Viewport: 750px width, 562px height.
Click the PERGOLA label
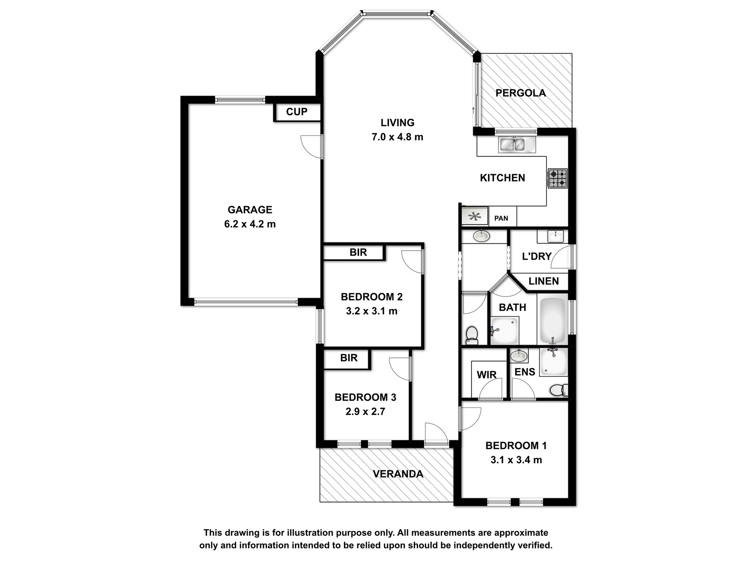520,93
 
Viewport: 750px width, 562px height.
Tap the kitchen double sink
517,144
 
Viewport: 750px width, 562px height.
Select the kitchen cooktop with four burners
558,178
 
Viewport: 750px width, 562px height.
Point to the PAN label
501,218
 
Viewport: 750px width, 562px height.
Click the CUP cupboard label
297,111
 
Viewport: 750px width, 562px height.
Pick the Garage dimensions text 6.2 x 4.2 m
250,224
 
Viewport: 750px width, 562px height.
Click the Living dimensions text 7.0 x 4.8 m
397,137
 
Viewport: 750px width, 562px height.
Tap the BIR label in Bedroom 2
358,252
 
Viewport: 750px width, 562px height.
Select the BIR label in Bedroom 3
349,358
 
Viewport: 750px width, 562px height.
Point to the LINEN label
544,281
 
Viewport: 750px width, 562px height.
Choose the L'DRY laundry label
537,256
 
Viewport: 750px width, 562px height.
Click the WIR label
487,375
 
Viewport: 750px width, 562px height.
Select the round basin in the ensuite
519,356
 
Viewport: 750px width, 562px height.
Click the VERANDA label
397,474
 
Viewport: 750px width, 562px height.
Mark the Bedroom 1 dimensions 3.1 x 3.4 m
516,460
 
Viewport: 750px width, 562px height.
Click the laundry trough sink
555,237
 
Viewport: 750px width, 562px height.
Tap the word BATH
512,307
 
